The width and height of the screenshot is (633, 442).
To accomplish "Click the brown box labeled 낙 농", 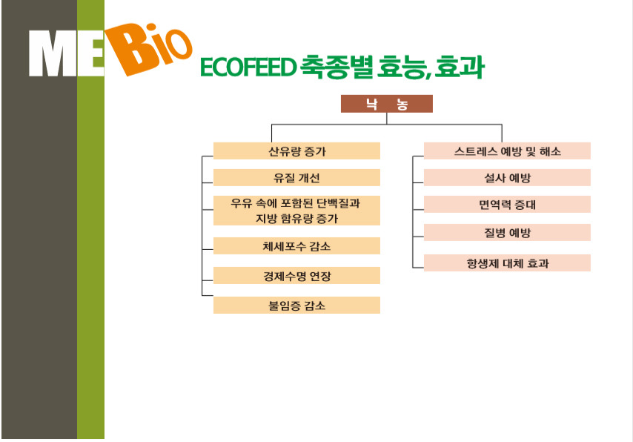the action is tap(387, 104).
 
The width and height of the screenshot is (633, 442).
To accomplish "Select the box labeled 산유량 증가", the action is tap(296, 151).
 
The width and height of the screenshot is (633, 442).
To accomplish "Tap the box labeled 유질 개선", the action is tap(296, 177).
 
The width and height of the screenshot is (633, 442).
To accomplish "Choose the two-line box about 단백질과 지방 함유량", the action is tap(296, 211).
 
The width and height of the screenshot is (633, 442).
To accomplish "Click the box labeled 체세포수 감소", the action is tap(296, 245).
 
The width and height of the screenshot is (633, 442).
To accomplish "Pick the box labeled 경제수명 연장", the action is tap(296, 276).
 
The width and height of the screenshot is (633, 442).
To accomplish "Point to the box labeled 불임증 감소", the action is tap(296, 305).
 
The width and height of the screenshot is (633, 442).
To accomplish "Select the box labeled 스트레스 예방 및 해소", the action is tap(507, 151).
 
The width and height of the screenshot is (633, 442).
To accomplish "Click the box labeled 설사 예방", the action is tap(507, 177).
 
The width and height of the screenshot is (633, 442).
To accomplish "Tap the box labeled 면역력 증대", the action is tap(507, 205).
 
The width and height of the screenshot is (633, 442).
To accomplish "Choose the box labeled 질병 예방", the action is tap(507, 232).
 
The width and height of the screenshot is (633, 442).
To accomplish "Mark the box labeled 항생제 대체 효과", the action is tap(507, 263).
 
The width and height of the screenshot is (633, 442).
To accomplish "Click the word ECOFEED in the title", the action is tap(248, 67).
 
